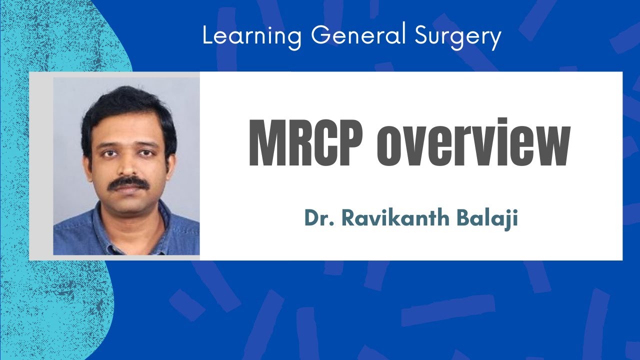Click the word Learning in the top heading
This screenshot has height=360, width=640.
point(252,36)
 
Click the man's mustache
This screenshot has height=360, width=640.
point(129,183)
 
